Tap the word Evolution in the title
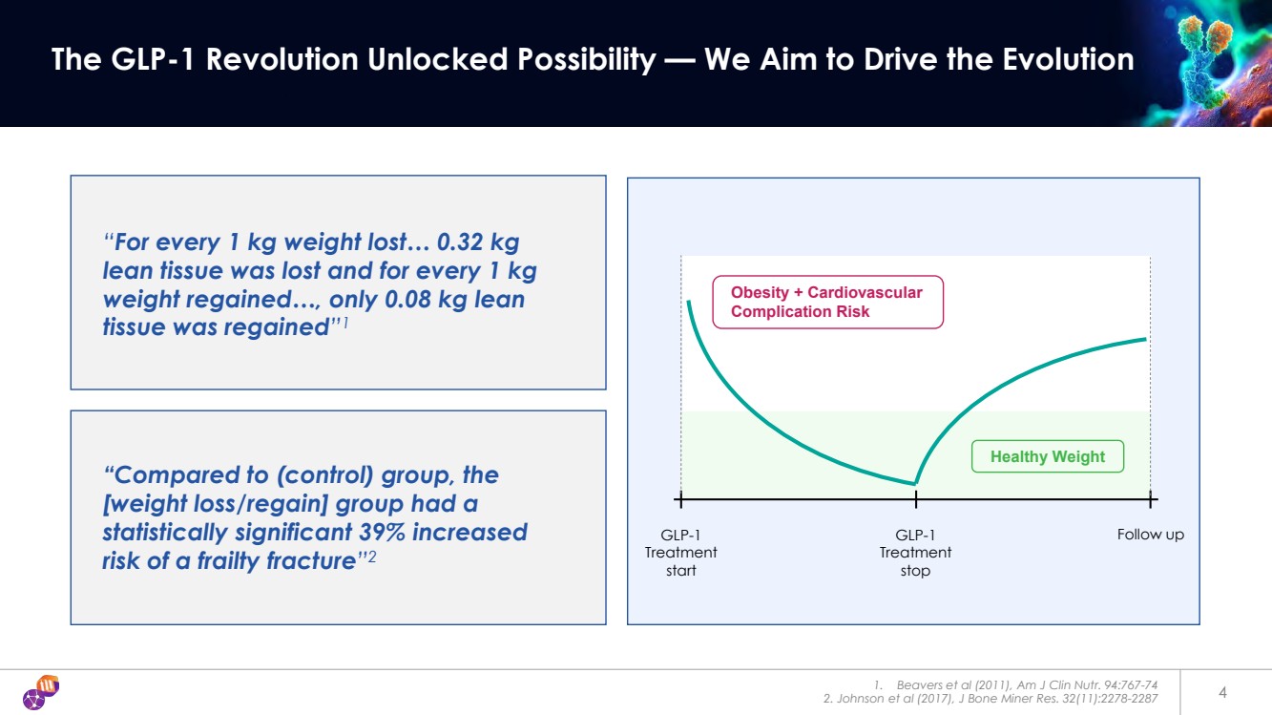pos(1068,59)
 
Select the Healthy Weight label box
pos(1048,456)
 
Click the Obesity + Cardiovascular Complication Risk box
pos(828,302)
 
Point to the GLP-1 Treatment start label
pos(681,553)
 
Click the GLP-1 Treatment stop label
pos(915,553)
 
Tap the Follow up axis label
pos(1151,535)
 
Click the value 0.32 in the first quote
pos(459,242)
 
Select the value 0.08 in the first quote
pos(408,300)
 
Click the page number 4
pos(1222,692)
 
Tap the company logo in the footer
pos(41,692)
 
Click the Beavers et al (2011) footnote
pos(1015,684)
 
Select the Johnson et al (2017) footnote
pos(990,699)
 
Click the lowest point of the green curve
pos(915,483)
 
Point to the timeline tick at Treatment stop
pos(916,500)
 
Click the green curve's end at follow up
pos(1146,340)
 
